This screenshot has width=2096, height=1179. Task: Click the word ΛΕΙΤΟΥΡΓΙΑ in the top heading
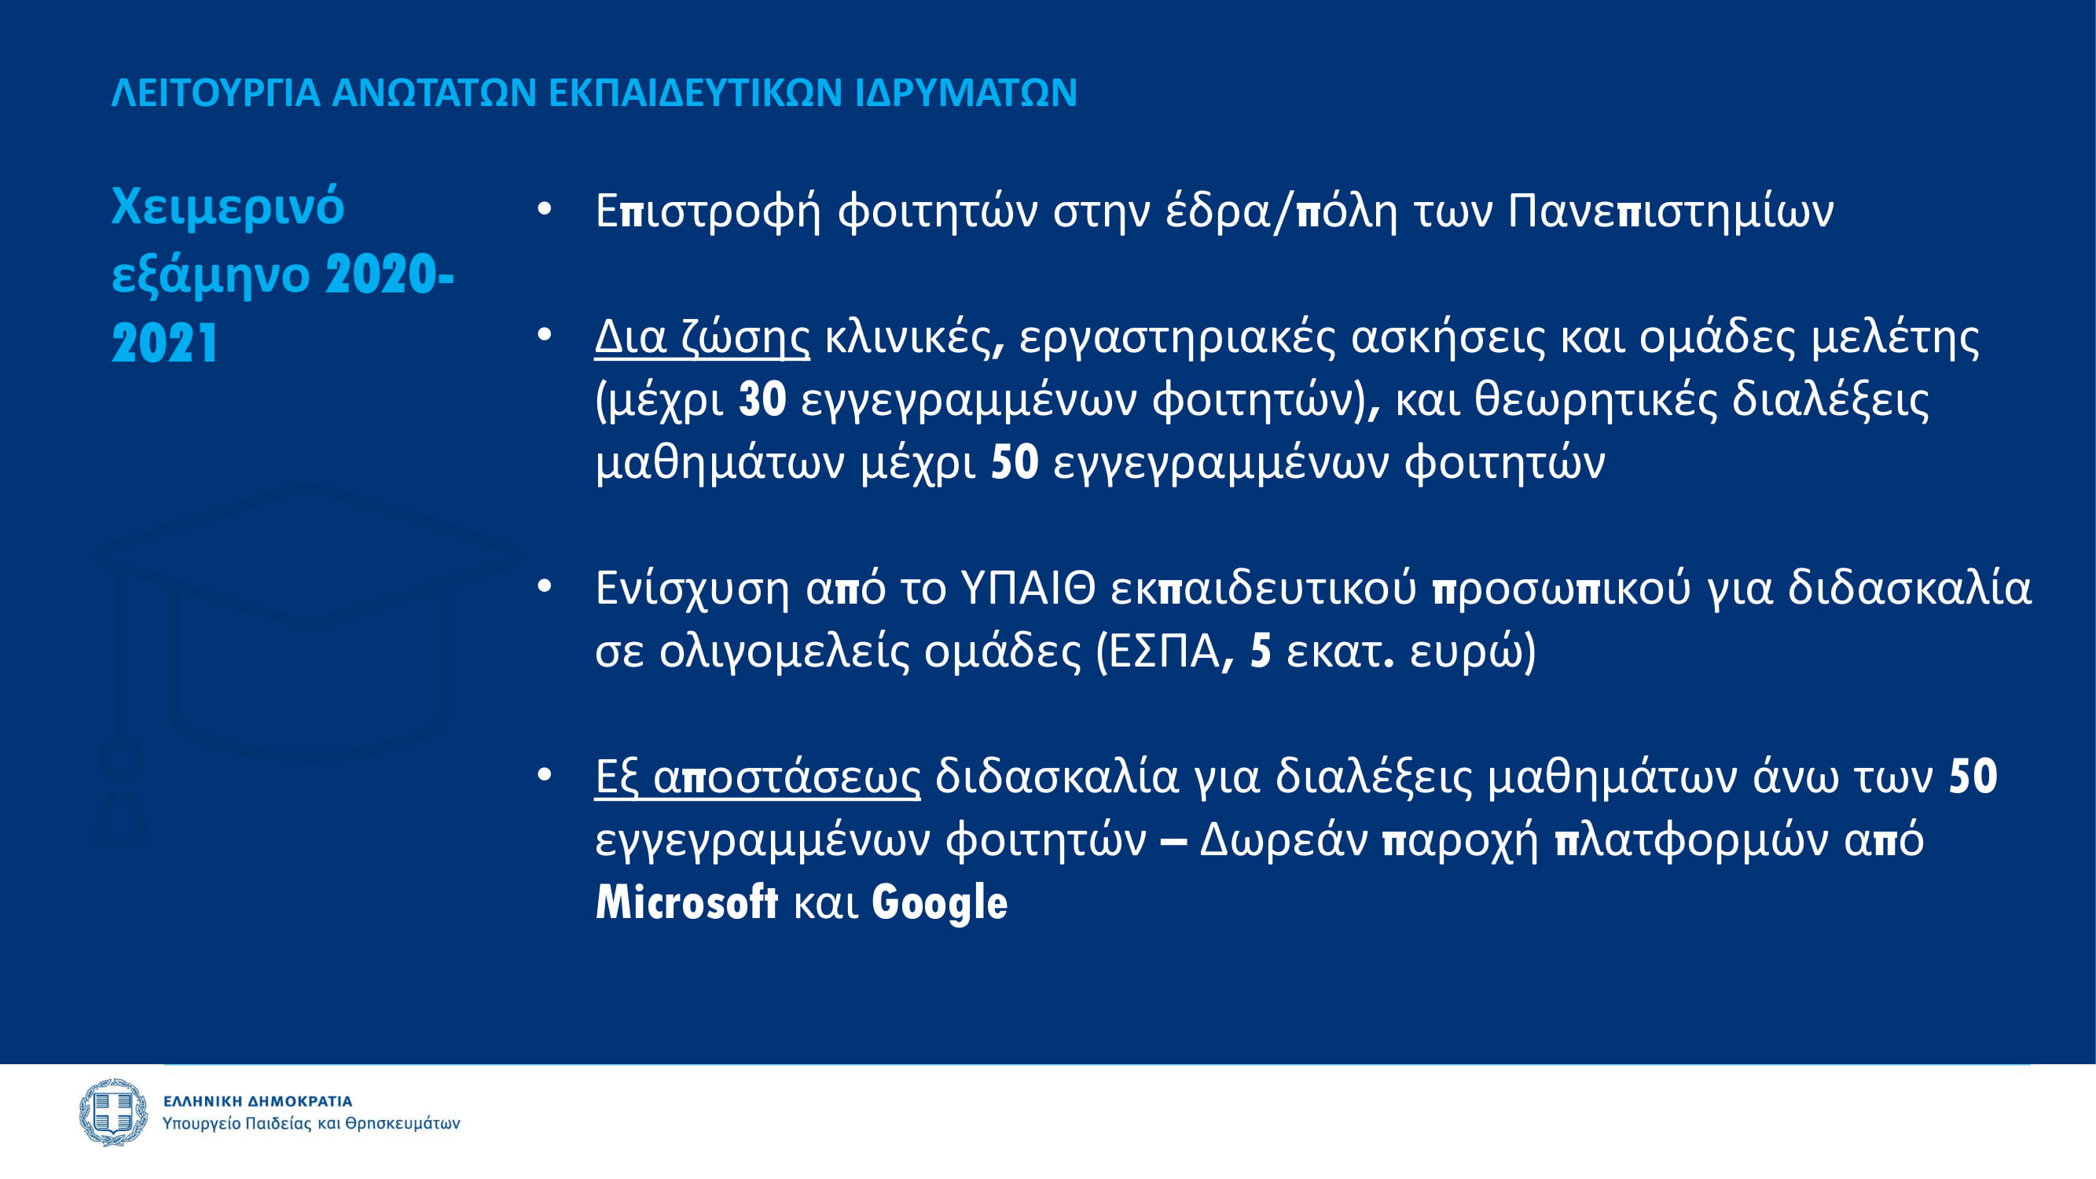pyautogui.click(x=215, y=93)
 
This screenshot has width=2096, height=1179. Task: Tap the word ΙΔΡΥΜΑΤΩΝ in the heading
pyautogui.click(x=966, y=93)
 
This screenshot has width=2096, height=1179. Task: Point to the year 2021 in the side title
pyautogui.click(x=165, y=343)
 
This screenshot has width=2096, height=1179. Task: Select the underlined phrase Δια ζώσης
pyautogui.click(x=702, y=337)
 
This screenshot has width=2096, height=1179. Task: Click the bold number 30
pyautogui.click(x=762, y=399)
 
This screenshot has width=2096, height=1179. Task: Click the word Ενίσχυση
pyautogui.click(x=692, y=588)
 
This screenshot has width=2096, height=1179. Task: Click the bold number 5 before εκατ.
pyautogui.click(x=1261, y=651)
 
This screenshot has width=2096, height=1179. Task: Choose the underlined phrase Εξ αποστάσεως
pyautogui.click(x=758, y=777)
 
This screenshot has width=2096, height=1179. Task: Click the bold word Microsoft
pyautogui.click(x=687, y=902)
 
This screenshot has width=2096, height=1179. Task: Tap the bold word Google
pyautogui.click(x=940, y=903)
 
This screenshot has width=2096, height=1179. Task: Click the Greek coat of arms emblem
pyautogui.click(x=114, y=1111)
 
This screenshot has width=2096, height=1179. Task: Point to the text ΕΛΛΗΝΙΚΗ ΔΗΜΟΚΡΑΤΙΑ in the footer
pyautogui.click(x=258, y=1101)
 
